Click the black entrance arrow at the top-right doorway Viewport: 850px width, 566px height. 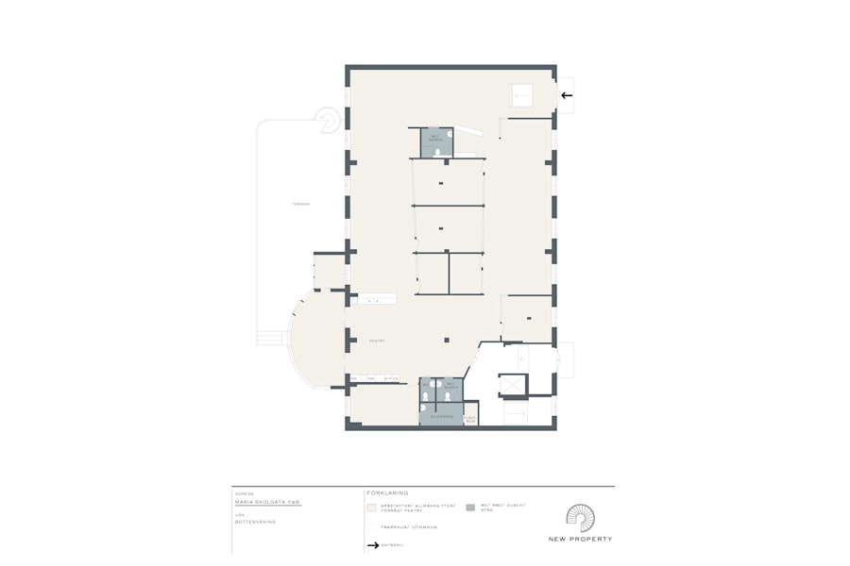point(567,94)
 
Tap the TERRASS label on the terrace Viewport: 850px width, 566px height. point(300,204)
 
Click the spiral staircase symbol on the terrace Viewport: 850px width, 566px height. point(328,120)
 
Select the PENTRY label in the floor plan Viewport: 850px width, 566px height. point(375,341)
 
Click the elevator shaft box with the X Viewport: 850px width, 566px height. point(512,385)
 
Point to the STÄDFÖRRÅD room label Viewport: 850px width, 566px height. point(442,416)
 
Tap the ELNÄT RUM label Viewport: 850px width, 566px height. point(470,419)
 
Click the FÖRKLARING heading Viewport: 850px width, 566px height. point(387,492)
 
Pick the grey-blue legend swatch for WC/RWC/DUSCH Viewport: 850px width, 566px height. point(470,508)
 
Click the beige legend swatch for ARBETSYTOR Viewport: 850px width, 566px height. point(371,508)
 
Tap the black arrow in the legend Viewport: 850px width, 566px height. point(372,545)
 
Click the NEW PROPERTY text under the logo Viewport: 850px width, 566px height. point(580,539)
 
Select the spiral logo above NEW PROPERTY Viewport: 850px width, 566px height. point(581,518)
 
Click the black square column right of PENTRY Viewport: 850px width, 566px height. point(445,339)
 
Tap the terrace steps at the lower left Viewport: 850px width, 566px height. point(271,337)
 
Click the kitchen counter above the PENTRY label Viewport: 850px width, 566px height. point(377,299)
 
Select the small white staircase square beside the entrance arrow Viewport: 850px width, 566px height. point(522,95)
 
